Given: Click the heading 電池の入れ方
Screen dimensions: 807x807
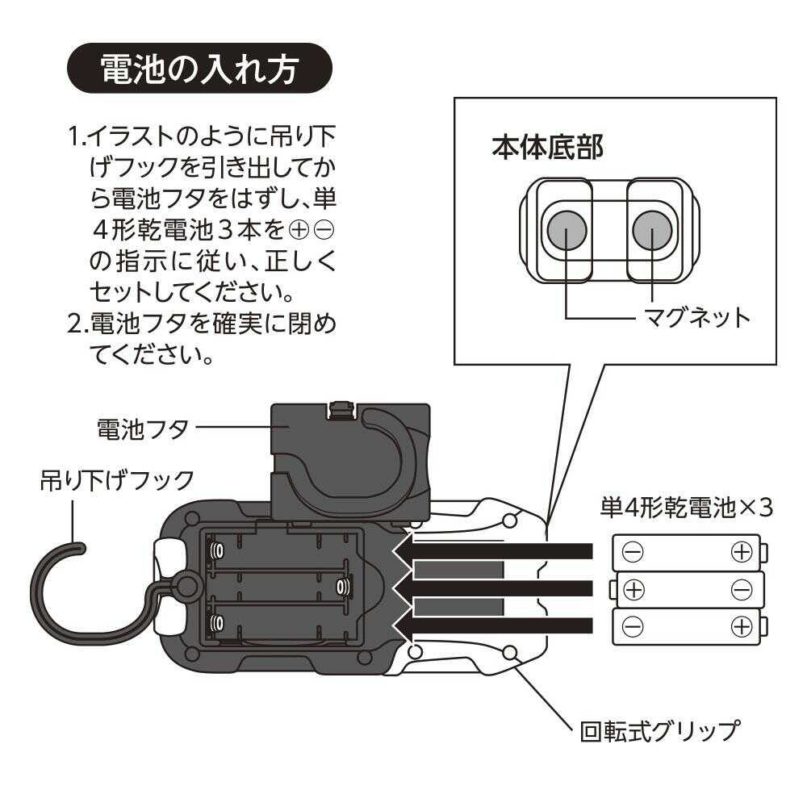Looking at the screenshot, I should [199, 69].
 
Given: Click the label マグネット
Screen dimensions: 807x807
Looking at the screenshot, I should [696, 317].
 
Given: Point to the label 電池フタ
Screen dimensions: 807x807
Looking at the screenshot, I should [142, 428].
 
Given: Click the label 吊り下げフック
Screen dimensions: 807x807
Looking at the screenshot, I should [117, 480].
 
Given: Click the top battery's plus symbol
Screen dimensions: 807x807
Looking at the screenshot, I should [740, 552].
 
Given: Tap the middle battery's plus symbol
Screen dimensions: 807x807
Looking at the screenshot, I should [635, 589].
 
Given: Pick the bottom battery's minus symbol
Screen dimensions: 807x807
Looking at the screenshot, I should [634, 625].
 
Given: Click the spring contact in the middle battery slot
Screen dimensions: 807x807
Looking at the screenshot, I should [343, 585].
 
